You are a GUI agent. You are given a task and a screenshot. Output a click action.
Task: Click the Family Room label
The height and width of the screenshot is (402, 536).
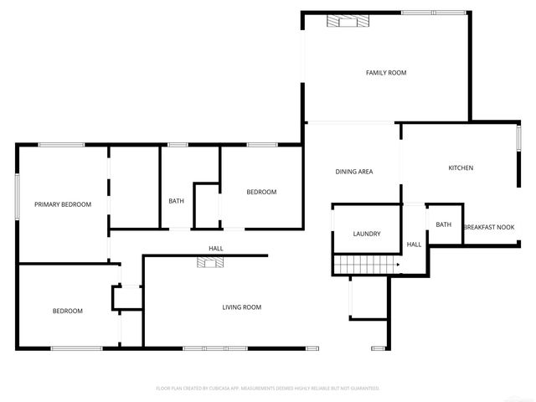(385, 73)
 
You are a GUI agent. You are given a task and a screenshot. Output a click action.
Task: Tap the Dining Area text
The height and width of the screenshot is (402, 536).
(353, 172)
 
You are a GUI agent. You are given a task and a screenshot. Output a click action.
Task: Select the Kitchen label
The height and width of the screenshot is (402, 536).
(461, 168)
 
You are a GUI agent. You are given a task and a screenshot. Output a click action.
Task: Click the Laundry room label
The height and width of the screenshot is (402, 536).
(367, 234)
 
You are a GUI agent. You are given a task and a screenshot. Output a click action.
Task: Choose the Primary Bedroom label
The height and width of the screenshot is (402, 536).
(62, 204)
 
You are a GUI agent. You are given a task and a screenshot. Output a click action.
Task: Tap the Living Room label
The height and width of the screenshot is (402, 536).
(241, 307)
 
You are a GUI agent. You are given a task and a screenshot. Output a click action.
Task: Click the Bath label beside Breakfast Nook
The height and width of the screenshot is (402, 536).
(443, 224)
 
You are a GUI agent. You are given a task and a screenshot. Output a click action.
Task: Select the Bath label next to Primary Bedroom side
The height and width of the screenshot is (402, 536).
(176, 201)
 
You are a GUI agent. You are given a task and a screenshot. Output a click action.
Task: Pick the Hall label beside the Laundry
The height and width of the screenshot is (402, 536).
(414, 245)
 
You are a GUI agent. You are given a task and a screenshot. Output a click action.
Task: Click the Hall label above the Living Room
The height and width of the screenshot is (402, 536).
(215, 249)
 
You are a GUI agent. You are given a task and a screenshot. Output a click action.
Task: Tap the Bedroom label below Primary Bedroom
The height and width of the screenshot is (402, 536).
(68, 311)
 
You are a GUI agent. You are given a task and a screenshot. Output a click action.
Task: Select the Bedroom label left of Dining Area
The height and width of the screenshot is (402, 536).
(260, 193)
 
